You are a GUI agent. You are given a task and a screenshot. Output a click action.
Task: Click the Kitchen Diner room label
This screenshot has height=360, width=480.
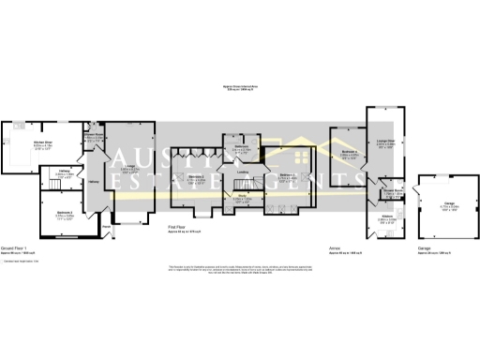[41, 142]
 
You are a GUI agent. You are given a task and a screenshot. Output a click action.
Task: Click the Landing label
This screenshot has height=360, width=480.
[242, 172]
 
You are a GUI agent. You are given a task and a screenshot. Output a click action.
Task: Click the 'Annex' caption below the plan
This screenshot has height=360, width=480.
[335, 247]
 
